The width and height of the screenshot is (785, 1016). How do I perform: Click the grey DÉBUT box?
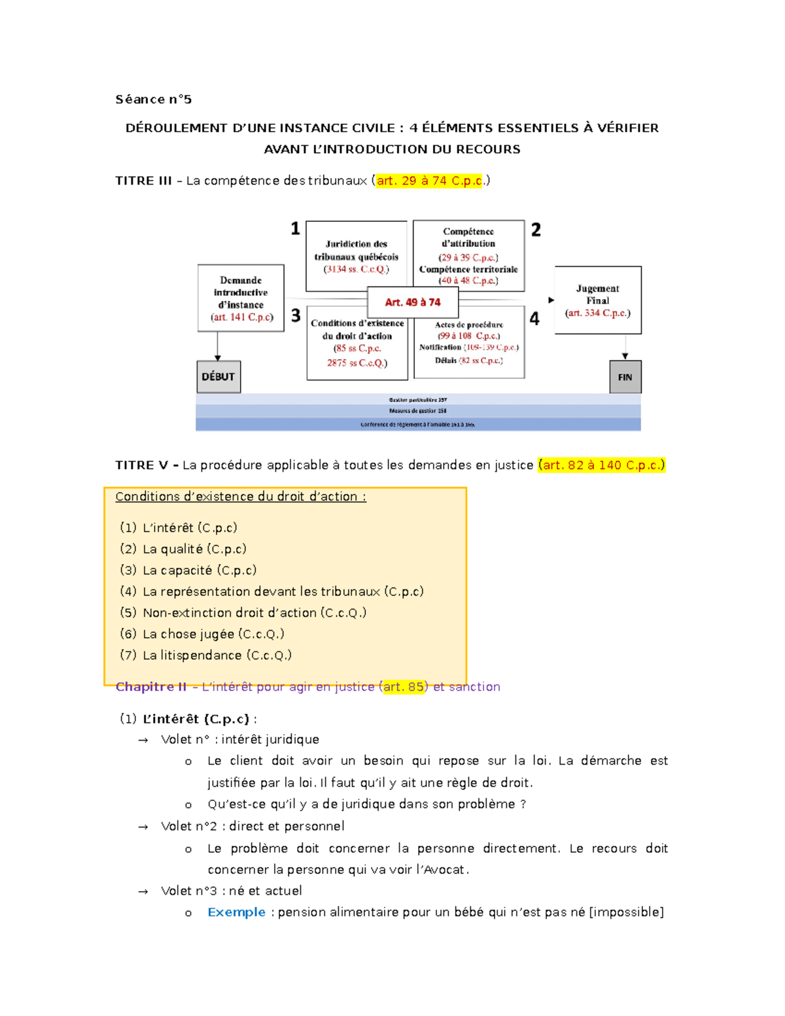coord(218,377)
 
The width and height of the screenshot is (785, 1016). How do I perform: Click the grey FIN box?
coord(625,377)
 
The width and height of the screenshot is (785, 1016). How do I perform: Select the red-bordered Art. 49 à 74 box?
coord(413,302)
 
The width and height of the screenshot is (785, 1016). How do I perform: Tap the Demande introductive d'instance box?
coord(241,298)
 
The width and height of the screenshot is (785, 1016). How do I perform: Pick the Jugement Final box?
coord(598,300)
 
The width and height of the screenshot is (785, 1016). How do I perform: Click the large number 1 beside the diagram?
coord(296,228)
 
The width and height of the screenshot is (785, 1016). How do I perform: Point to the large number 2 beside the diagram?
coord(536,230)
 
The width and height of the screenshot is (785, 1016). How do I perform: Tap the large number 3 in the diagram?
coord(296,316)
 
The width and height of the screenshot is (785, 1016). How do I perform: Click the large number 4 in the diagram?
coord(534,319)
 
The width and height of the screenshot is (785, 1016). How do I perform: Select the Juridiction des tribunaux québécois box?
coord(357,256)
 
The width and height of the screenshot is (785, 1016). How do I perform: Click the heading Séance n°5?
coord(154,99)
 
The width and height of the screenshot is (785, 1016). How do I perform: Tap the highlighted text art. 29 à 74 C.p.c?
coord(430,181)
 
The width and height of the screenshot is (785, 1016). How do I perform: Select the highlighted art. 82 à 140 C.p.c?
coord(601,465)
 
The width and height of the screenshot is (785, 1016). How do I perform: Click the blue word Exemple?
coord(236,912)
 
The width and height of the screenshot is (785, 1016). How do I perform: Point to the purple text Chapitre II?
coord(151,687)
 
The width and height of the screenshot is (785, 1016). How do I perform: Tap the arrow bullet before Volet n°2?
coord(143,827)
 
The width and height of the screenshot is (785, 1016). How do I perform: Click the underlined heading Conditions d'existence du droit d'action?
coord(241,497)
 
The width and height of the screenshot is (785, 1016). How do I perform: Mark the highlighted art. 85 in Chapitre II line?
coord(404,687)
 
